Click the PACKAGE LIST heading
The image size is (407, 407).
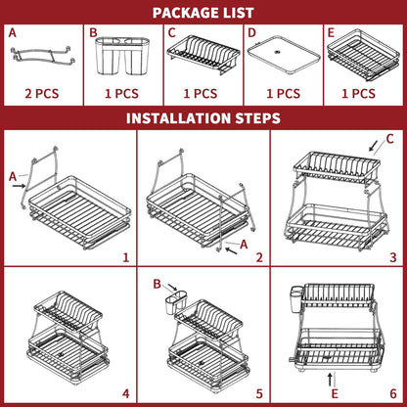(203, 13)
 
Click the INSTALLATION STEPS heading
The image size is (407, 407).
(203, 118)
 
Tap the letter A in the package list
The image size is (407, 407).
(13, 33)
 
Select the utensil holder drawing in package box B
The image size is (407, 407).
(122, 56)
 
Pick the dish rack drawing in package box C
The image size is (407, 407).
(203, 55)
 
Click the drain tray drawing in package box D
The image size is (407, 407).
(284, 56)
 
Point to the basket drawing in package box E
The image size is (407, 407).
(363, 55)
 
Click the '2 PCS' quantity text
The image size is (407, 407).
(42, 94)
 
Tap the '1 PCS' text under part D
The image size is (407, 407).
(284, 94)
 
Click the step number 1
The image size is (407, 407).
(126, 257)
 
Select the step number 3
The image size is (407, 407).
(393, 257)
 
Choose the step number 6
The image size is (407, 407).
(393, 393)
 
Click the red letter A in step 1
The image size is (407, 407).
(13, 177)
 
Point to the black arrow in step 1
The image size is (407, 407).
(20, 186)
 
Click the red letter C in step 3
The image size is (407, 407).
(389, 139)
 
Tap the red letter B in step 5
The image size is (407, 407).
(158, 284)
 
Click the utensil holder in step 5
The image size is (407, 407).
(176, 303)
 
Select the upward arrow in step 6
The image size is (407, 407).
(330, 381)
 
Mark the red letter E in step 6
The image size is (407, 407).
(335, 393)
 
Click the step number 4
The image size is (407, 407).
(126, 393)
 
